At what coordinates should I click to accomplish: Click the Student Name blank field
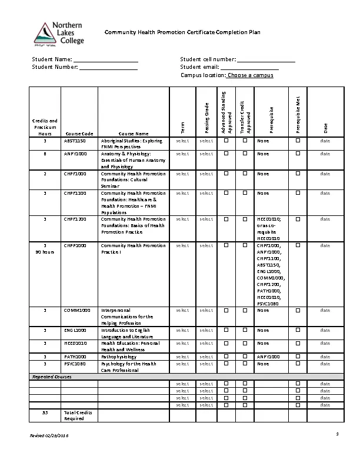(x=105, y=59)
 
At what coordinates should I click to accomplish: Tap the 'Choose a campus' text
(x=250, y=75)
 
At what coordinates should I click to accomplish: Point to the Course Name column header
(x=134, y=134)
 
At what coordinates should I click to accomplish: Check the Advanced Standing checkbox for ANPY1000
(x=226, y=154)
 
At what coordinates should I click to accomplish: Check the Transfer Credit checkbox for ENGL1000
(x=245, y=331)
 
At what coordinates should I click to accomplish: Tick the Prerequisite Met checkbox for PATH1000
(x=298, y=357)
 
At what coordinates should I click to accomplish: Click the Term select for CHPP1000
(x=182, y=245)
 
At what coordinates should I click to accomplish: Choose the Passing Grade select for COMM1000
(x=206, y=310)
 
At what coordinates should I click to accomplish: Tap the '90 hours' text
(x=45, y=252)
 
